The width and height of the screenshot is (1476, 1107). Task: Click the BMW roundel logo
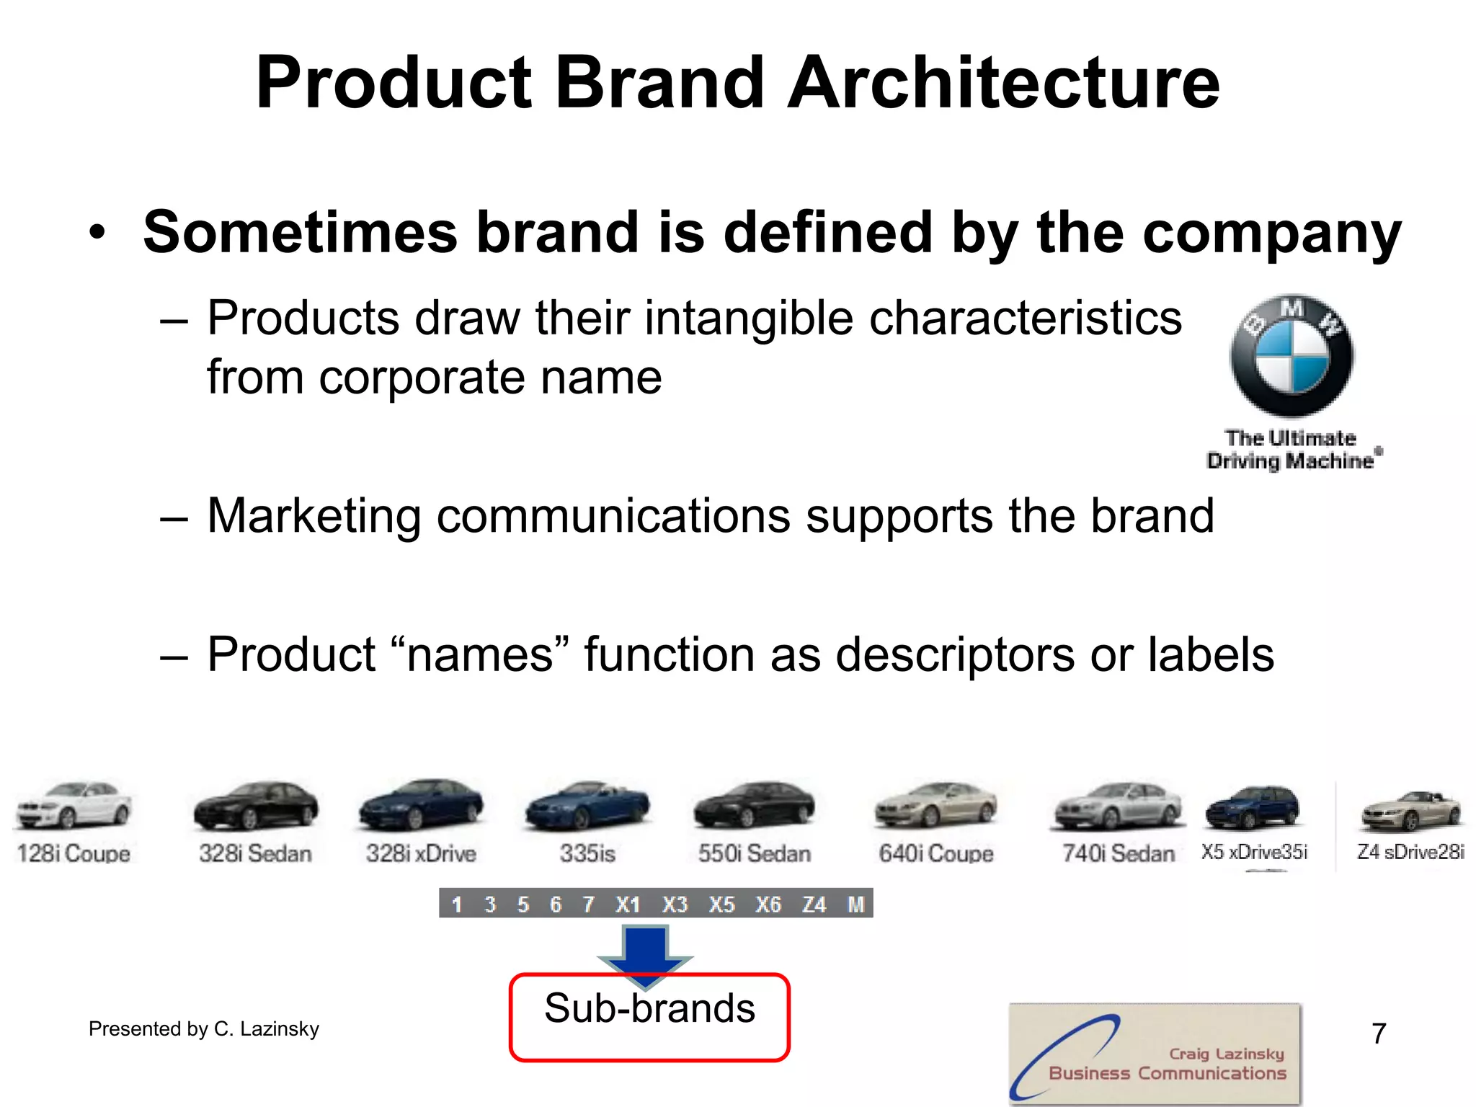pyautogui.click(x=1291, y=355)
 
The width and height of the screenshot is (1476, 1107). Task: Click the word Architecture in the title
pyautogui.click(x=1003, y=83)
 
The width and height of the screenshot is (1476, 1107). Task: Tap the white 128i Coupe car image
pyautogui.click(x=73, y=805)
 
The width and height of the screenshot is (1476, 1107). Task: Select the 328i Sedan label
pyautogui.click(x=255, y=853)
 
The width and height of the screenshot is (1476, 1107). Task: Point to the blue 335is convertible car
pyautogui.click(x=587, y=806)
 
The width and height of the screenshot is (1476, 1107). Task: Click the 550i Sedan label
pyautogui.click(x=754, y=853)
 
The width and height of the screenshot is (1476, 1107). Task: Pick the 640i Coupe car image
pyautogui.click(x=935, y=805)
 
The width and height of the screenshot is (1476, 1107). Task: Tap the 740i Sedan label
pyautogui.click(x=1118, y=853)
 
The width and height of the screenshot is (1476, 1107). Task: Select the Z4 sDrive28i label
pyautogui.click(x=1410, y=852)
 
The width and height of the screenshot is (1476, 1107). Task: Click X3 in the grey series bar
pyautogui.click(x=675, y=904)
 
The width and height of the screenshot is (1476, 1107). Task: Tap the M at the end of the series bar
pyautogui.click(x=855, y=904)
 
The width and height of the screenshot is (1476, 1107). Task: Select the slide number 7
pyautogui.click(x=1379, y=1033)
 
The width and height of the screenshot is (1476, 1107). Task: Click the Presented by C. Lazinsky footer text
pyautogui.click(x=204, y=1028)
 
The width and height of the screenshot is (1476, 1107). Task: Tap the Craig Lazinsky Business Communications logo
pyautogui.click(x=1155, y=1054)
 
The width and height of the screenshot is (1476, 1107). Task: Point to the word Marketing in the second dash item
pyautogui.click(x=314, y=516)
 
